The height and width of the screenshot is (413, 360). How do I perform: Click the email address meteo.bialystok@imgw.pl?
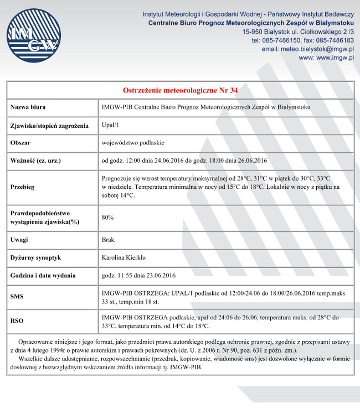307,49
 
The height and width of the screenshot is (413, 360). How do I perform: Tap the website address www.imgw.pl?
326,58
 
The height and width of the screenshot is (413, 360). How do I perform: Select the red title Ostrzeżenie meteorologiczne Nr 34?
180,90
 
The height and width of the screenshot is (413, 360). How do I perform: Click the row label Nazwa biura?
28,107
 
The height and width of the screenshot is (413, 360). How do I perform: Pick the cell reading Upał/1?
111,126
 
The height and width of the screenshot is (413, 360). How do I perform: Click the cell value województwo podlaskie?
133,143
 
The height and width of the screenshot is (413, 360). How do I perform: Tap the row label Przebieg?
23,187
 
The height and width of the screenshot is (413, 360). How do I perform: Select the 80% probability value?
107,218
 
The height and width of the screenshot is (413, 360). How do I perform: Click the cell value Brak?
109,240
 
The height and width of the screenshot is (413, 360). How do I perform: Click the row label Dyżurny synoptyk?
35,257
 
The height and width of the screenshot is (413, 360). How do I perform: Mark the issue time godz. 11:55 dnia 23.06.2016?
138,275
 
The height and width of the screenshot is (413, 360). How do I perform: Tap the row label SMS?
17,296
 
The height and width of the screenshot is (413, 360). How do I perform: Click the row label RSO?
17,321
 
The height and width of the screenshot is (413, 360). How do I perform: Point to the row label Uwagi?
20,240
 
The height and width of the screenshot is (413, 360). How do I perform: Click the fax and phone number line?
302,40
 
